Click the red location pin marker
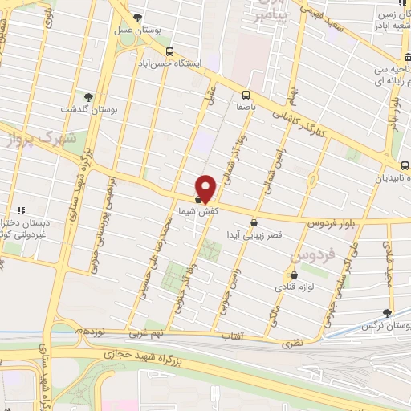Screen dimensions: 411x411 click(x=206, y=187)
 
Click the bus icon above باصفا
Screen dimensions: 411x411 click(x=246, y=93)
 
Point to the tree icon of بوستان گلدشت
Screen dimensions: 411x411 click(x=100, y=96)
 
